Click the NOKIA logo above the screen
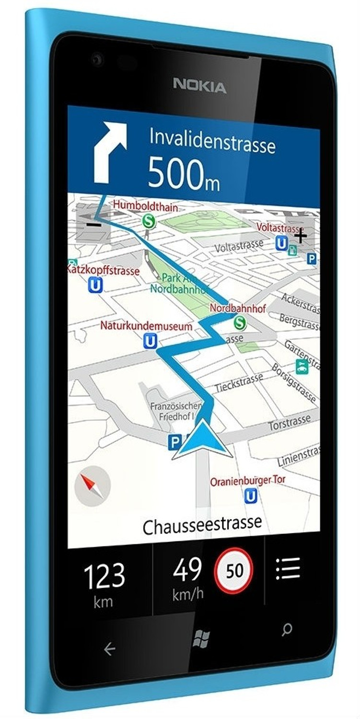(199, 87)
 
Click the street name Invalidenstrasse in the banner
(212, 140)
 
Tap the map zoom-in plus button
(301, 235)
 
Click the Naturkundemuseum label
(146, 326)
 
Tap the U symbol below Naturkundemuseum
(151, 341)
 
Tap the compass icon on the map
(93, 486)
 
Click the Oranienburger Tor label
(247, 481)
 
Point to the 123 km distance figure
(104, 577)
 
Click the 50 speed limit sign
(234, 570)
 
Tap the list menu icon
(288, 569)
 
